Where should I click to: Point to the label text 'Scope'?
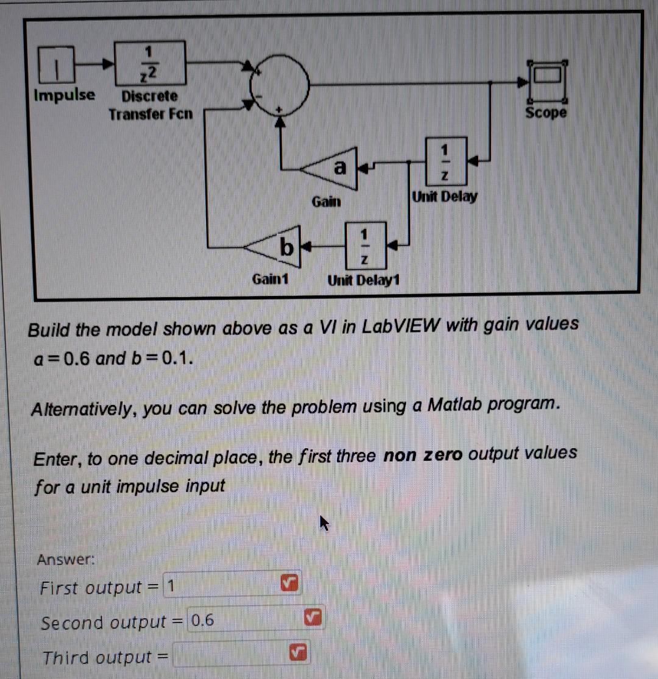click(x=546, y=113)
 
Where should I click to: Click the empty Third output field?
click(x=228, y=656)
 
